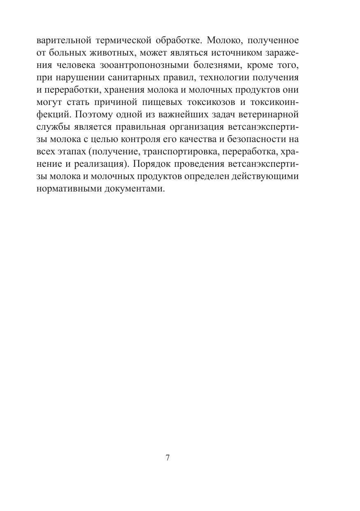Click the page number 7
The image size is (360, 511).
point(167,458)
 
